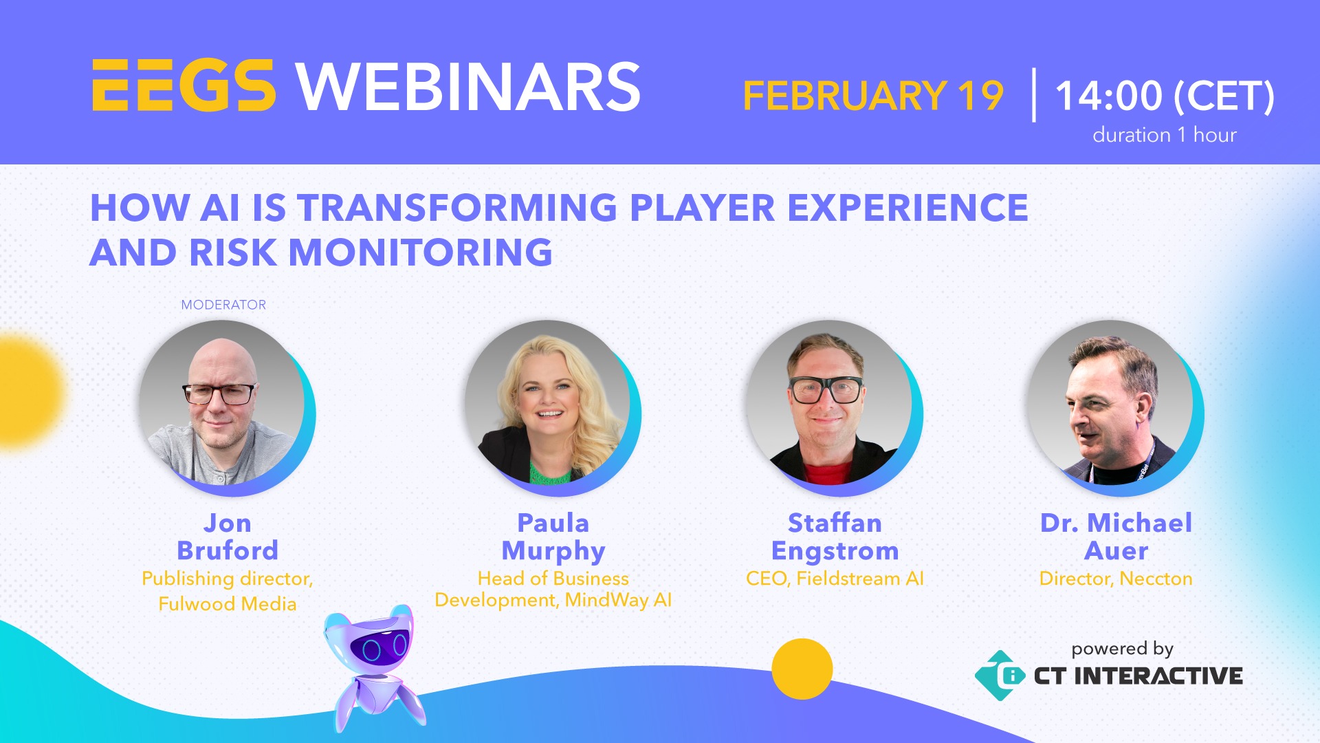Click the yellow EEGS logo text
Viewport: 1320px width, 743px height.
point(184,86)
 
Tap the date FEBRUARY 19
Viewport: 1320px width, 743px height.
point(873,96)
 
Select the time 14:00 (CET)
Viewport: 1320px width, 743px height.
point(1165,96)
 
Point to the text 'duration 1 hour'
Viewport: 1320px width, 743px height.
point(1164,135)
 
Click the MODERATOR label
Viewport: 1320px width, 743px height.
point(223,305)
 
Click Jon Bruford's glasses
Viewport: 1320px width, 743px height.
point(219,394)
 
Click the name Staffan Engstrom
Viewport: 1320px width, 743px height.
point(835,537)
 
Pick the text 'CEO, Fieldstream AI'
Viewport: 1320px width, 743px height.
point(835,579)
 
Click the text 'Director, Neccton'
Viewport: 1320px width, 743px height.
point(1116,579)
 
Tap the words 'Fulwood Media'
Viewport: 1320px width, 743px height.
point(228,604)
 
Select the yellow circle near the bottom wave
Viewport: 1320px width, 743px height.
point(802,669)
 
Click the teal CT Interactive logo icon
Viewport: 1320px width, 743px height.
point(1000,676)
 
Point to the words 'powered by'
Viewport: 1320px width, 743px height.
point(1122,649)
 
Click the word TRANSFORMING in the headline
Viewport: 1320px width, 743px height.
point(457,208)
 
